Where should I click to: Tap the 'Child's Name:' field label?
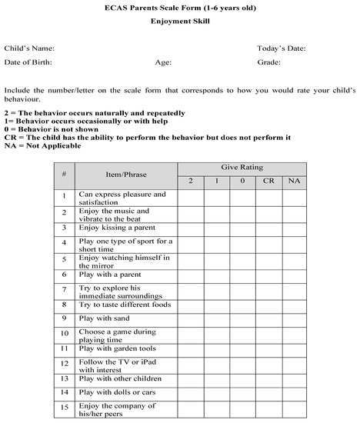pos(29,48)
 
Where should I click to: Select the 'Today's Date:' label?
pos(282,48)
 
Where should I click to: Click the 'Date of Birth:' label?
pos(30,62)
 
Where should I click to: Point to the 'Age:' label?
pos(163,62)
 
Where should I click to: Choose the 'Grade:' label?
pos(269,62)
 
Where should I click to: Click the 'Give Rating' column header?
pos(242,167)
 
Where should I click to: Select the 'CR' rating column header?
pos(268,182)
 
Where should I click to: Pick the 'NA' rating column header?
pos(294,182)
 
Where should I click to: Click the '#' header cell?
pos(64,175)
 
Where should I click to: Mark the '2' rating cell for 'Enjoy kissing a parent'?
pos(191,228)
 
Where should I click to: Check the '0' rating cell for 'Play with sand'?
pos(242,318)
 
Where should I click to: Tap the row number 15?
pos(65,408)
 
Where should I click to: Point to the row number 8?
pos(65,304)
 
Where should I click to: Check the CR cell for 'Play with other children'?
pos(268,378)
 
